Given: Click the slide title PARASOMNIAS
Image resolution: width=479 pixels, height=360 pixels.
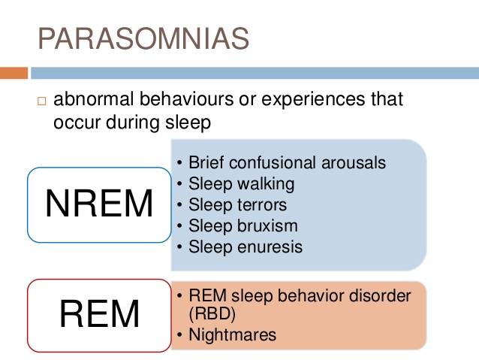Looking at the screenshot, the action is coord(143,38).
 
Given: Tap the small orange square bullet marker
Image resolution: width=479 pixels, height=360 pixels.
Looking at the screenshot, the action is coord(42,101).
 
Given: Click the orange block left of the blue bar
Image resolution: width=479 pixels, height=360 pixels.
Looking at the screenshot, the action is coord(14,73).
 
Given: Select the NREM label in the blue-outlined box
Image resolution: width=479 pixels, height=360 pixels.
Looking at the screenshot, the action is coord(99,204).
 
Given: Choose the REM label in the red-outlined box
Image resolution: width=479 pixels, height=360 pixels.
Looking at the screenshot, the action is coord(100,314).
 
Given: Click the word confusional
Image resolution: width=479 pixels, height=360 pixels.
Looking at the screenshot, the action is coord(273,162).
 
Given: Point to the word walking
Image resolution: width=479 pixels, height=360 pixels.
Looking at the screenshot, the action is coord(266,184).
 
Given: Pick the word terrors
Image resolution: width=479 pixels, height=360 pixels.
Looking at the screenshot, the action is coord(262,204).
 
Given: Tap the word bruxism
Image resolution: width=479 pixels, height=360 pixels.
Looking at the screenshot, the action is coord(267,225).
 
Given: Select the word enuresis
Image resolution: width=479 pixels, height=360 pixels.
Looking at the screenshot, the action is coord(270,247).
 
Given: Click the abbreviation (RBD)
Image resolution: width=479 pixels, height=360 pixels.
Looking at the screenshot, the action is coord(212,314).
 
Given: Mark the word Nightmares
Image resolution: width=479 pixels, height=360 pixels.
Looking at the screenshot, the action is coord(233,334).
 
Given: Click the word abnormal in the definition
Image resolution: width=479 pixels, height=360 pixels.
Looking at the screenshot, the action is coord(94,98).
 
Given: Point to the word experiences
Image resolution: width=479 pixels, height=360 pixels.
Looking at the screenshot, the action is coord(313,99).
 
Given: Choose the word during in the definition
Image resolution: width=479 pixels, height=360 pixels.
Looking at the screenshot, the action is coord(133,123).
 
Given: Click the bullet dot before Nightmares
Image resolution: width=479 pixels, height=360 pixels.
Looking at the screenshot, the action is coord(179,334).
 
